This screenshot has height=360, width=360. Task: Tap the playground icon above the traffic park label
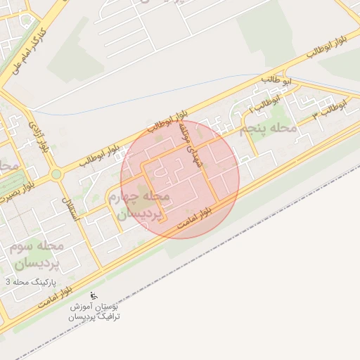click(95, 296)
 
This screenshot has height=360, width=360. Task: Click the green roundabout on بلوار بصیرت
click(56, 174)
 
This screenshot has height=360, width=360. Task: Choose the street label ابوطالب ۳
click(330, 107)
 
